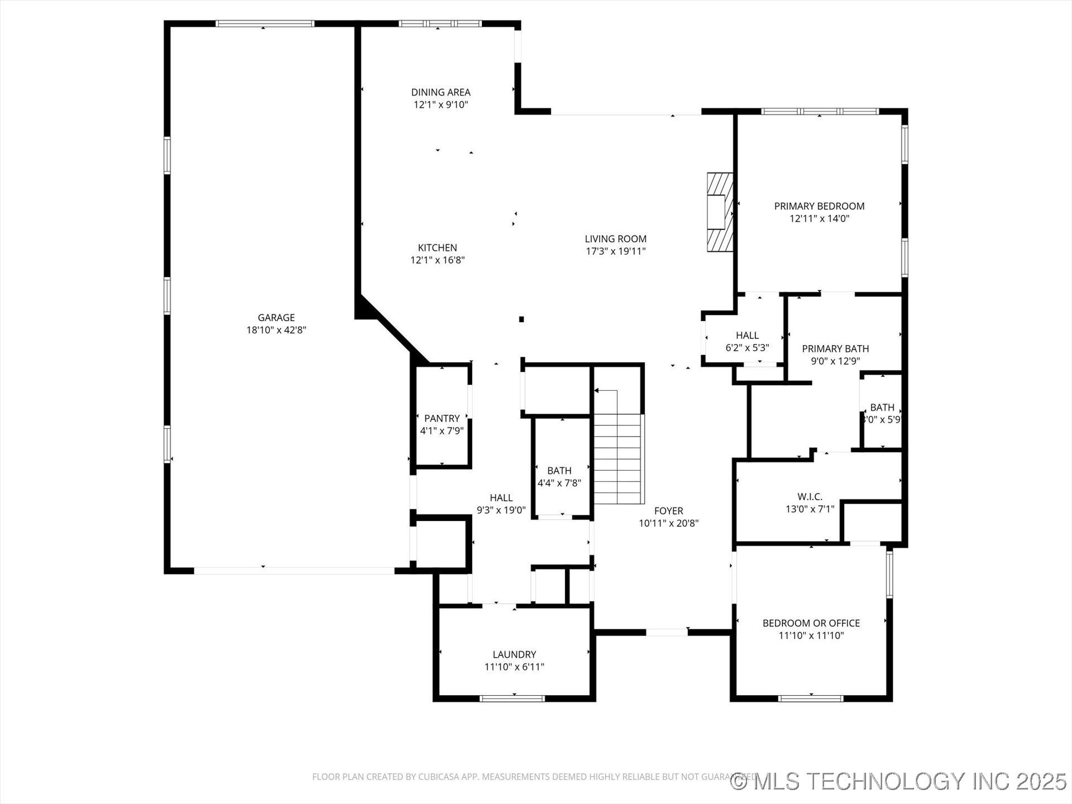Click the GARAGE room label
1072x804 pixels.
(x=276, y=318)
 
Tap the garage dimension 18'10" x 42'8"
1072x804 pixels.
(x=276, y=330)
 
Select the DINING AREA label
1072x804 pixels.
(x=441, y=92)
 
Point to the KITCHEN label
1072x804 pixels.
(x=437, y=247)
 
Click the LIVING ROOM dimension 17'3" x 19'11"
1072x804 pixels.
(x=615, y=251)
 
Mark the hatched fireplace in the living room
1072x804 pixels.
(x=719, y=212)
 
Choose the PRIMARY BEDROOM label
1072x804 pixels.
(x=819, y=206)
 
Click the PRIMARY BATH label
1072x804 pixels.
(x=835, y=348)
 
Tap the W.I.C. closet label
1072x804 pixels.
(x=810, y=496)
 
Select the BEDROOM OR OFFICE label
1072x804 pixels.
(x=811, y=623)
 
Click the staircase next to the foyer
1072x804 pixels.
(x=618, y=458)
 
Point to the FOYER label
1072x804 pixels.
(x=668, y=510)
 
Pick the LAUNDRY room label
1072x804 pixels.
(x=514, y=654)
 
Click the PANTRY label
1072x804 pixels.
(x=442, y=418)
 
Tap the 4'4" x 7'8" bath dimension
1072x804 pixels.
(x=559, y=483)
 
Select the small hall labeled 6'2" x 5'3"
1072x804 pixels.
(x=747, y=341)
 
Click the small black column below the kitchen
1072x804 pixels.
(x=521, y=319)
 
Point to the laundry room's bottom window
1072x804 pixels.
(x=512, y=698)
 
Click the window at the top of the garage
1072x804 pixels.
(x=265, y=23)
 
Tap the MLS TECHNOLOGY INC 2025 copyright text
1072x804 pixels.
(x=899, y=781)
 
